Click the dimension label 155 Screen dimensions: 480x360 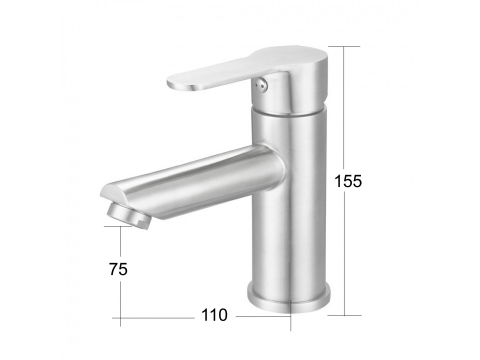click(x=348, y=181)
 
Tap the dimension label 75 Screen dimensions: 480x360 click(x=118, y=269)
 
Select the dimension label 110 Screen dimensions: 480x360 click(x=214, y=315)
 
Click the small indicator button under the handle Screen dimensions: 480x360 click(x=262, y=83)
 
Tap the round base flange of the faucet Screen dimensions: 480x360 click(x=289, y=298)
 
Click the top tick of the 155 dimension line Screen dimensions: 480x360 click(x=344, y=46)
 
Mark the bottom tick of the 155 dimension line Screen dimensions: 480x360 click(x=344, y=315)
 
